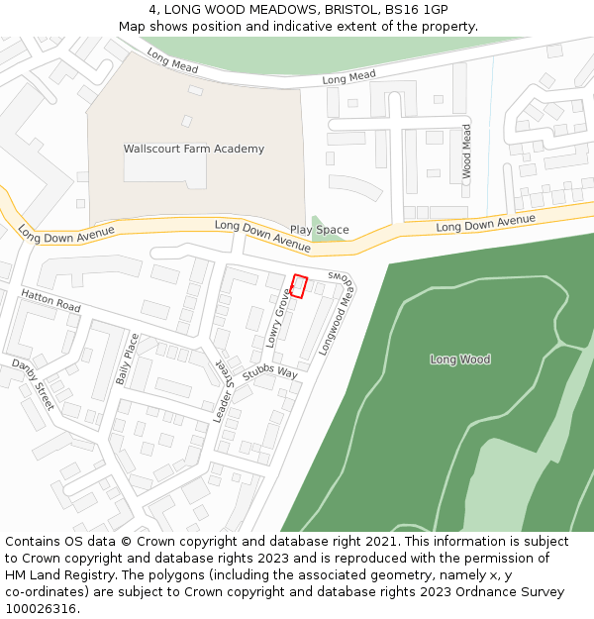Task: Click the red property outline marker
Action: point(300,286)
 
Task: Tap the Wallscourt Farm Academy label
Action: point(194,150)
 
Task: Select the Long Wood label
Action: point(460,360)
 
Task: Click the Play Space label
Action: point(319,230)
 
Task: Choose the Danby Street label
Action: point(33,385)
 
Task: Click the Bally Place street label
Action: point(125,359)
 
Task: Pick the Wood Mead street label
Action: point(466,152)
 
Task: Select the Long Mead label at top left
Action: point(172,61)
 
